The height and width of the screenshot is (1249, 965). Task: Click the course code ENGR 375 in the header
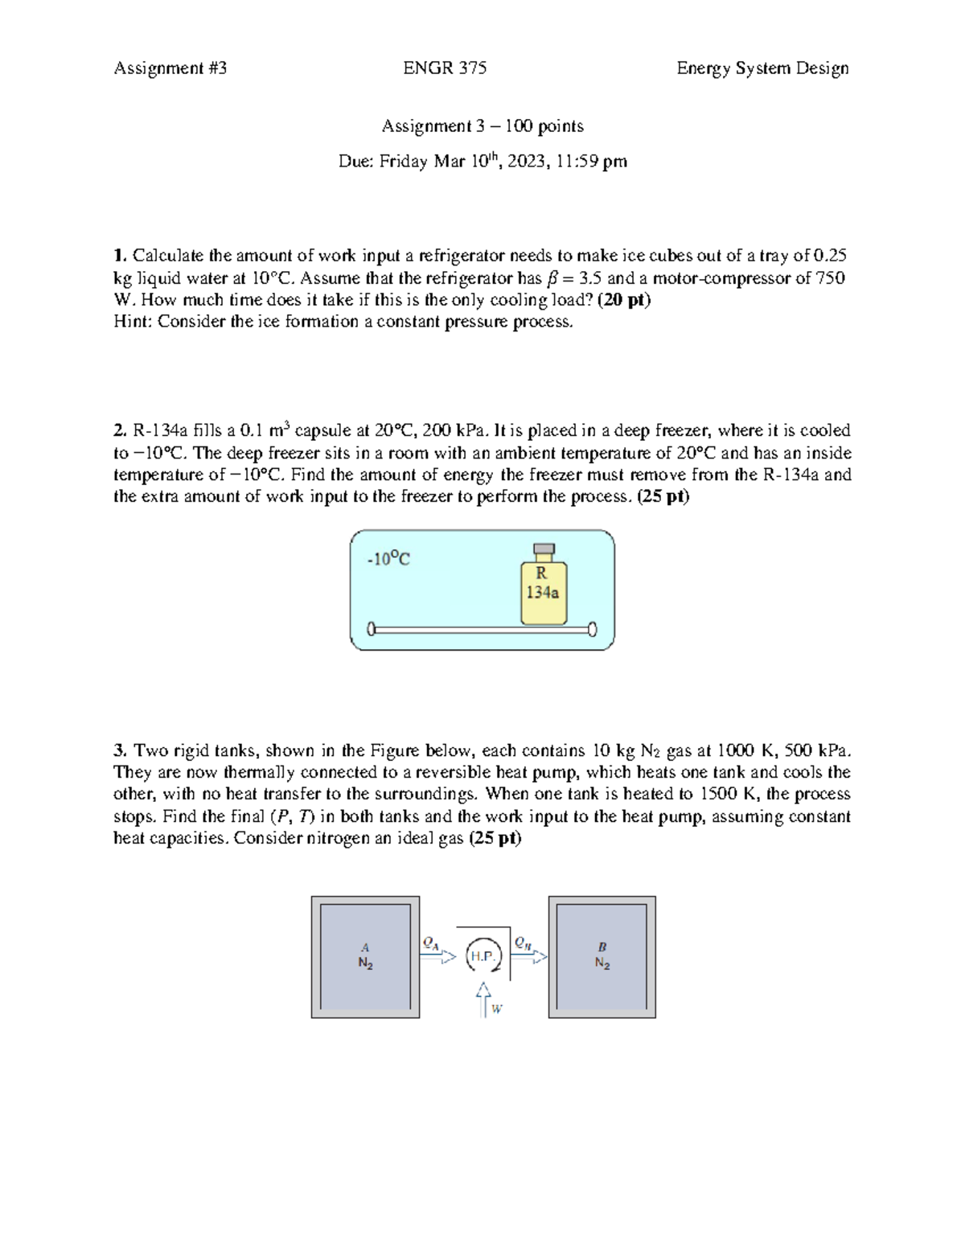[445, 68]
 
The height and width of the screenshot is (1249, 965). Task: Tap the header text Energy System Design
[762, 68]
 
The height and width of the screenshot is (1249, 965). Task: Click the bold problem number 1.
[120, 256]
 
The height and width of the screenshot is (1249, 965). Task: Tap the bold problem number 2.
[120, 430]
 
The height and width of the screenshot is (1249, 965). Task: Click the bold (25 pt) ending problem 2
[663, 496]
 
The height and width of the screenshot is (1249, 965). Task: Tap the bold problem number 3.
[120, 750]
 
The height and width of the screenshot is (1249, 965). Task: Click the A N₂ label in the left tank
[365, 956]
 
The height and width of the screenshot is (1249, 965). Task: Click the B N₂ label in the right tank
[602, 956]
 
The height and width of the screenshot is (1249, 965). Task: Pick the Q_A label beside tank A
[430, 941]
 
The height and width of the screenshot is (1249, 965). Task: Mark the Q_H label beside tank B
[523, 941]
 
